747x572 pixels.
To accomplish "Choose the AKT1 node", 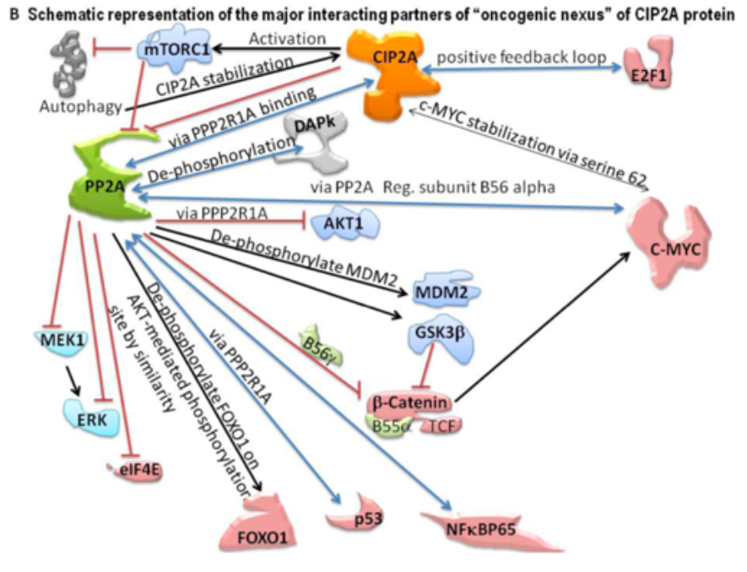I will coord(344,224).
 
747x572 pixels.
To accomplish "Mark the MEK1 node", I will coord(58,342).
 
